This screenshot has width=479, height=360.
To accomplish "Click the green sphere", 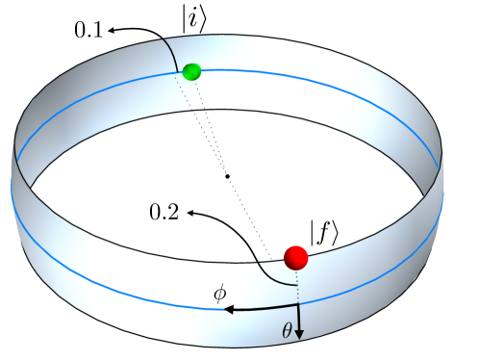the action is [x=190, y=70].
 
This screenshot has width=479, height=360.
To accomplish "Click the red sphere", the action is [x=295, y=257].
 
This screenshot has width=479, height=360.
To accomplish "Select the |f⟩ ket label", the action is [x=323, y=232].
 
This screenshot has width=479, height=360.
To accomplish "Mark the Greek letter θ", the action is [x=285, y=327].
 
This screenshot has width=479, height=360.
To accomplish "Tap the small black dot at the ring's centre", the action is [x=226, y=176].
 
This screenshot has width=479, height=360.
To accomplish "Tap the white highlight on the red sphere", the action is [x=291, y=252].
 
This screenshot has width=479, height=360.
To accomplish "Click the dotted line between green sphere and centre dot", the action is [x=209, y=123].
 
